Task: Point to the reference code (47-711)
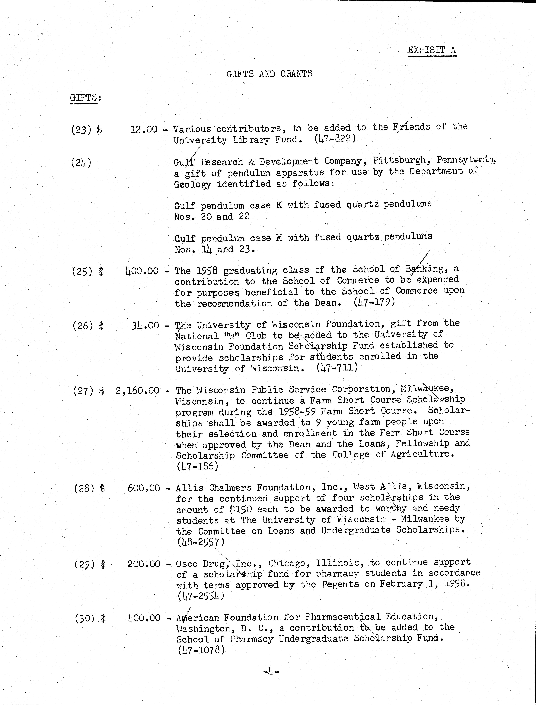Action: [x=337, y=368]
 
